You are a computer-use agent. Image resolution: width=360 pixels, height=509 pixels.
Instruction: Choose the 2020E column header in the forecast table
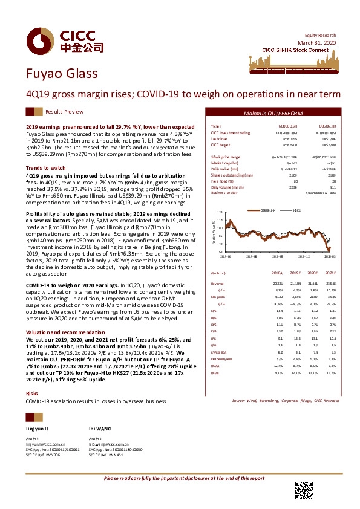click(x=313, y=273)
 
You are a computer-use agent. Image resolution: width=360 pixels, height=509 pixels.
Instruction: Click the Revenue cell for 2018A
click(x=276, y=282)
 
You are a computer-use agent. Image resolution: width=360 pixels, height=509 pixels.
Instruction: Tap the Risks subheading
click(x=31, y=394)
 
